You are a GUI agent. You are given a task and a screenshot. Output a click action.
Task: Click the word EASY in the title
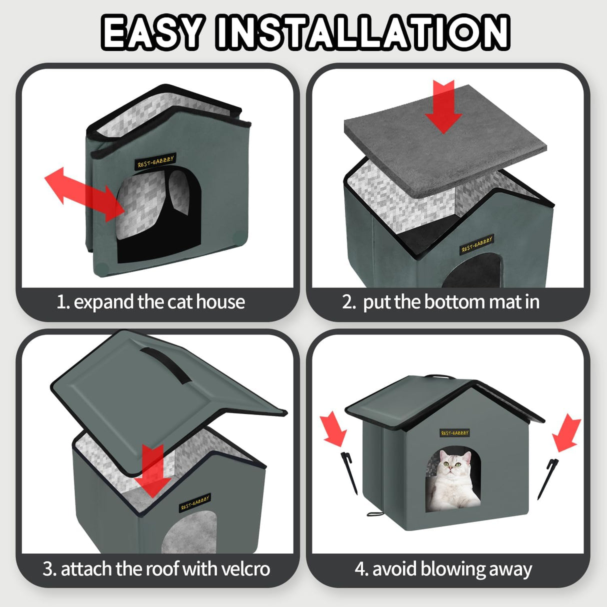[152, 32]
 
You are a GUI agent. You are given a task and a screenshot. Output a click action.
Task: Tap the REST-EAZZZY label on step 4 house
[454, 432]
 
